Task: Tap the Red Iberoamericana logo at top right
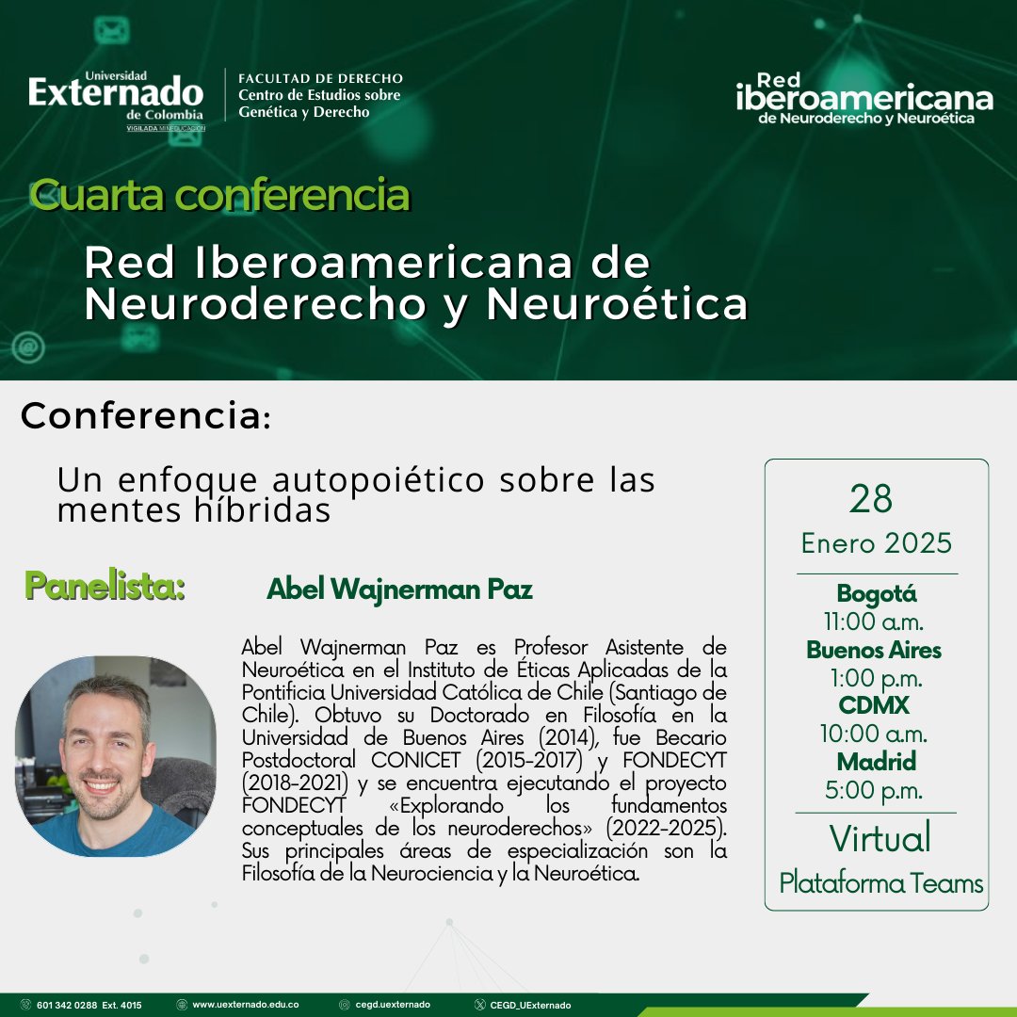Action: [864, 98]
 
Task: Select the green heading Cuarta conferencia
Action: [219, 195]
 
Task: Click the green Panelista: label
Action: [105, 586]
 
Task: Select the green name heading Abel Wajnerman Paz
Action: [399, 589]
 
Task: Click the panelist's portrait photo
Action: [115, 756]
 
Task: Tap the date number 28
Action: [870, 499]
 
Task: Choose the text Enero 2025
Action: [877, 543]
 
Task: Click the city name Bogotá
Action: [877, 594]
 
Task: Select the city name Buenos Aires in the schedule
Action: [874, 650]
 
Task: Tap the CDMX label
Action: [875, 705]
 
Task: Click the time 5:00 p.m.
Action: [875, 790]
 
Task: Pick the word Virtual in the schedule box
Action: [880, 838]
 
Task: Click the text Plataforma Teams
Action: [880, 883]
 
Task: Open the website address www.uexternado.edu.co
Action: [245, 1005]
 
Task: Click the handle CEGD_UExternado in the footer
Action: [529, 1005]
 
